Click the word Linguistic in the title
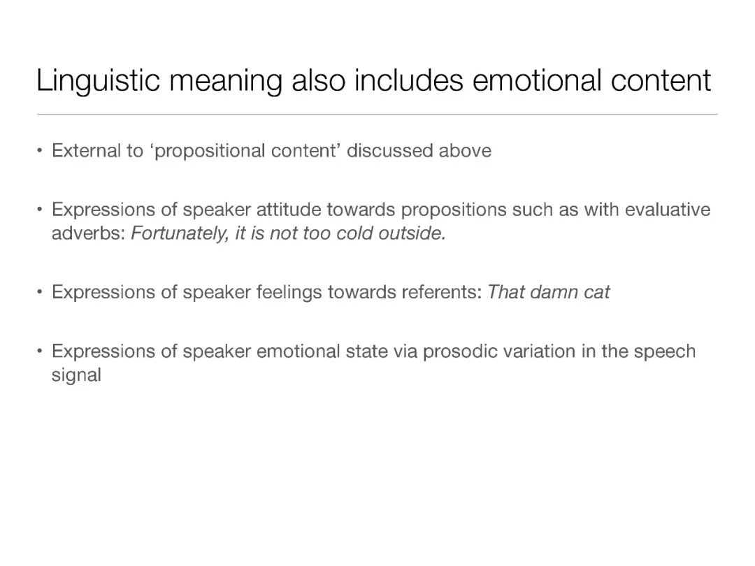click(x=98, y=80)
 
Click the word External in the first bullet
click(x=86, y=151)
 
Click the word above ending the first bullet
click(x=465, y=151)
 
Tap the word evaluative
click(x=668, y=210)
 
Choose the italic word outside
click(x=412, y=233)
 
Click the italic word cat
click(x=596, y=293)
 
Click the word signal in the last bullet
click(x=76, y=376)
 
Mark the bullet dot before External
click(x=39, y=151)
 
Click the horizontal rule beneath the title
click(x=377, y=115)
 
